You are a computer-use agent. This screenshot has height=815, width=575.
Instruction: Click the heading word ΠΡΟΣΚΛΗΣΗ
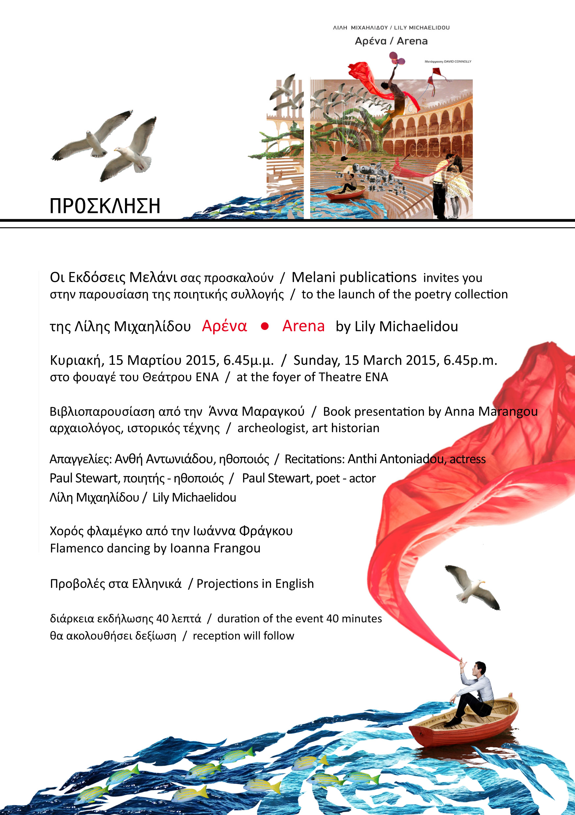(x=105, y=206)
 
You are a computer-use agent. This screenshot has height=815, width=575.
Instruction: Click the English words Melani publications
(x=354, y=278)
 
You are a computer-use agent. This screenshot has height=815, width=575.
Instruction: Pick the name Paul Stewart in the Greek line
(x=84, y=478)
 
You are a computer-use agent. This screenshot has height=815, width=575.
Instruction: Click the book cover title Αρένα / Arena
(x=391, y=41)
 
